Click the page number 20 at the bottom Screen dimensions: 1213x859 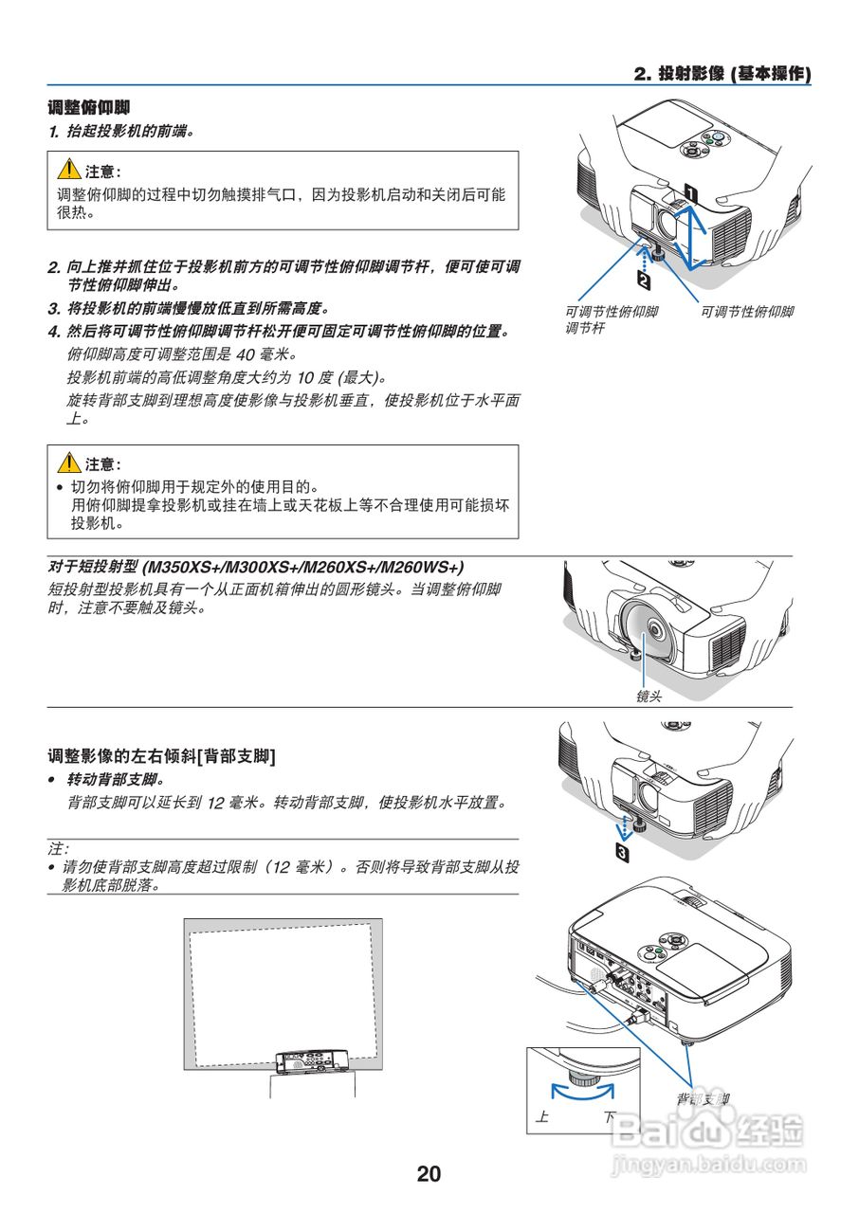pos(429,1173)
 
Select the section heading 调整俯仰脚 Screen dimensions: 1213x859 pos(89,107)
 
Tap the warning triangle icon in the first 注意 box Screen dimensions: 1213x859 pos(68,171)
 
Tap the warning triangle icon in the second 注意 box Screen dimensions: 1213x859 pos(68,463)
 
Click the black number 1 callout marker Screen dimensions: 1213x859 pos(691,193)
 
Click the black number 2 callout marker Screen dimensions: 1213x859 pos(644,281)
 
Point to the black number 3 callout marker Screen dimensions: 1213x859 pos(622,853)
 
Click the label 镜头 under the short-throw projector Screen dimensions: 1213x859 pos(649,696)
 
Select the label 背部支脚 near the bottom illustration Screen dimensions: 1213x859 pos(703,1098)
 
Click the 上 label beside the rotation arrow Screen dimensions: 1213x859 pos(541,1117)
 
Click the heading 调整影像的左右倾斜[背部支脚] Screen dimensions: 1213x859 pos(162,754)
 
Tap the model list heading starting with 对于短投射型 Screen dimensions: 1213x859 pos(256,567)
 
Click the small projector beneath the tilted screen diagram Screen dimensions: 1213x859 pos(311,1061)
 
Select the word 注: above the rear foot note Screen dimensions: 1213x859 pos(59,848)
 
